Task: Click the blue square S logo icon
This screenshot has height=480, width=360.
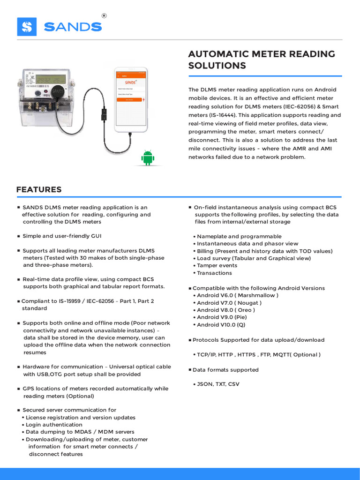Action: click(x=27, y=27)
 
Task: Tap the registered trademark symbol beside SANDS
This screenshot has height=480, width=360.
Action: click(x=104, y=15)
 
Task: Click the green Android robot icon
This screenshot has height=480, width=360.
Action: click(x=148, y=158)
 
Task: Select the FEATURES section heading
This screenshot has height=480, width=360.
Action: click(x=39, y=190)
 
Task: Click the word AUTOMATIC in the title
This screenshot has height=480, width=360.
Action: click(x=218, y=54)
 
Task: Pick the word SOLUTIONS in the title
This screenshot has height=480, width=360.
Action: click(x=217, y=66)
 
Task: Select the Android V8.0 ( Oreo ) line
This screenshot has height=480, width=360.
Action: click(x=226, y=310)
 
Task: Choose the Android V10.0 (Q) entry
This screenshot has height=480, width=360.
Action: click(x=221, y=324)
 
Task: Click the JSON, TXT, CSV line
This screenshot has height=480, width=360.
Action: click(x=218, y=384)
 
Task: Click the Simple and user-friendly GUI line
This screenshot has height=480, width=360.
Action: click(x=62, y=236)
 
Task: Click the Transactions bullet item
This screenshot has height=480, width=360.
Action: click(x=214, y=273)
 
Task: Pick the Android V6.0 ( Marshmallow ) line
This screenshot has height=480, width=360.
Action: click(x=238, y=295)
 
